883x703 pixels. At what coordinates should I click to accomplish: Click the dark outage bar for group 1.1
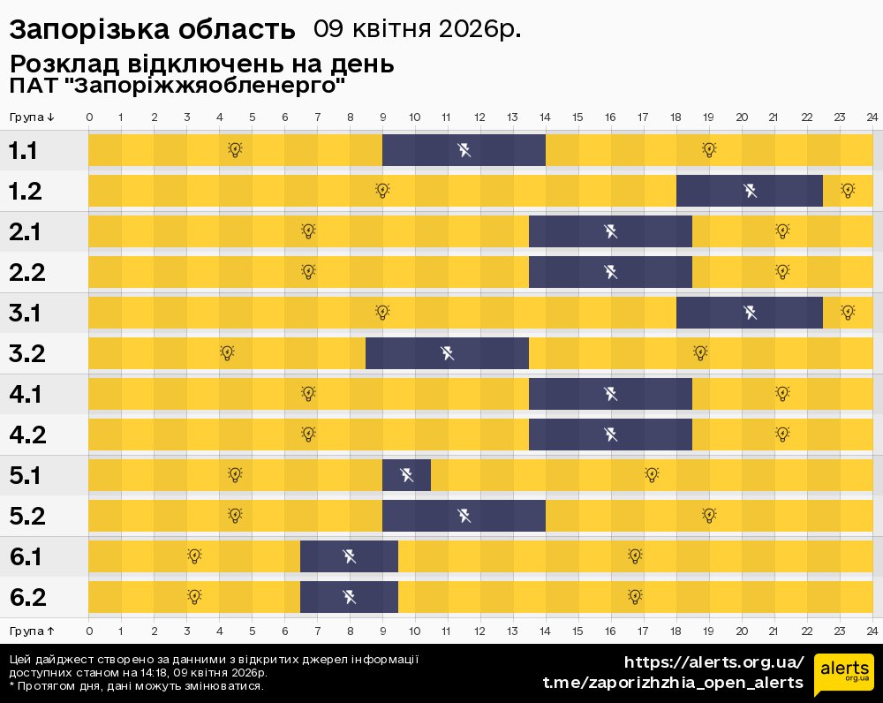tap(464, 150)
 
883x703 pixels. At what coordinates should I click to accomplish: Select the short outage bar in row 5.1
tap(406, 475)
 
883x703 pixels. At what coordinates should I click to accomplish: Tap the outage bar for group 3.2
tap(447, 353)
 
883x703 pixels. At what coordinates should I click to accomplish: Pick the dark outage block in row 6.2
tap(349, 597)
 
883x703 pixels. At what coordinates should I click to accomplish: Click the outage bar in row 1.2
tap(750, 191)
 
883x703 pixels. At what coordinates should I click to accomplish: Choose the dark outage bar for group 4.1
tap(610, 394)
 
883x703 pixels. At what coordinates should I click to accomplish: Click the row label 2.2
tap(27, 272)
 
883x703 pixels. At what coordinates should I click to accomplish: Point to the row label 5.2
tap(27, 516)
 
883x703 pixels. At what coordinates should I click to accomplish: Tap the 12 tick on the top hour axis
tap(479, 117)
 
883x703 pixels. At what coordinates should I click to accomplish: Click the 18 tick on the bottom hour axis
tap(675, 631)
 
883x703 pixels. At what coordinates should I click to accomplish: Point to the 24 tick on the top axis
tap(872, 117)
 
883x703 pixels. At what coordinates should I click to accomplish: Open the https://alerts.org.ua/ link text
tap(713, 662)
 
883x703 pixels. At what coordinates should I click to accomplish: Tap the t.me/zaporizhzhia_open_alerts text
tap(673, 683)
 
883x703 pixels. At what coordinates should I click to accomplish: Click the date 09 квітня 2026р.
tap(417, 29)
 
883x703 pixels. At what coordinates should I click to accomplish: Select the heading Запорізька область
tap(152, 30)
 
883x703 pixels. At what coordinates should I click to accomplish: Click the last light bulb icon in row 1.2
tap(848, 190)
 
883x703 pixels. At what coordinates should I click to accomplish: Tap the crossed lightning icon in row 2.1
tap(610, 231)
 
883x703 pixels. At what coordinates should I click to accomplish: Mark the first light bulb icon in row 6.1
tap(194, 556)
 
